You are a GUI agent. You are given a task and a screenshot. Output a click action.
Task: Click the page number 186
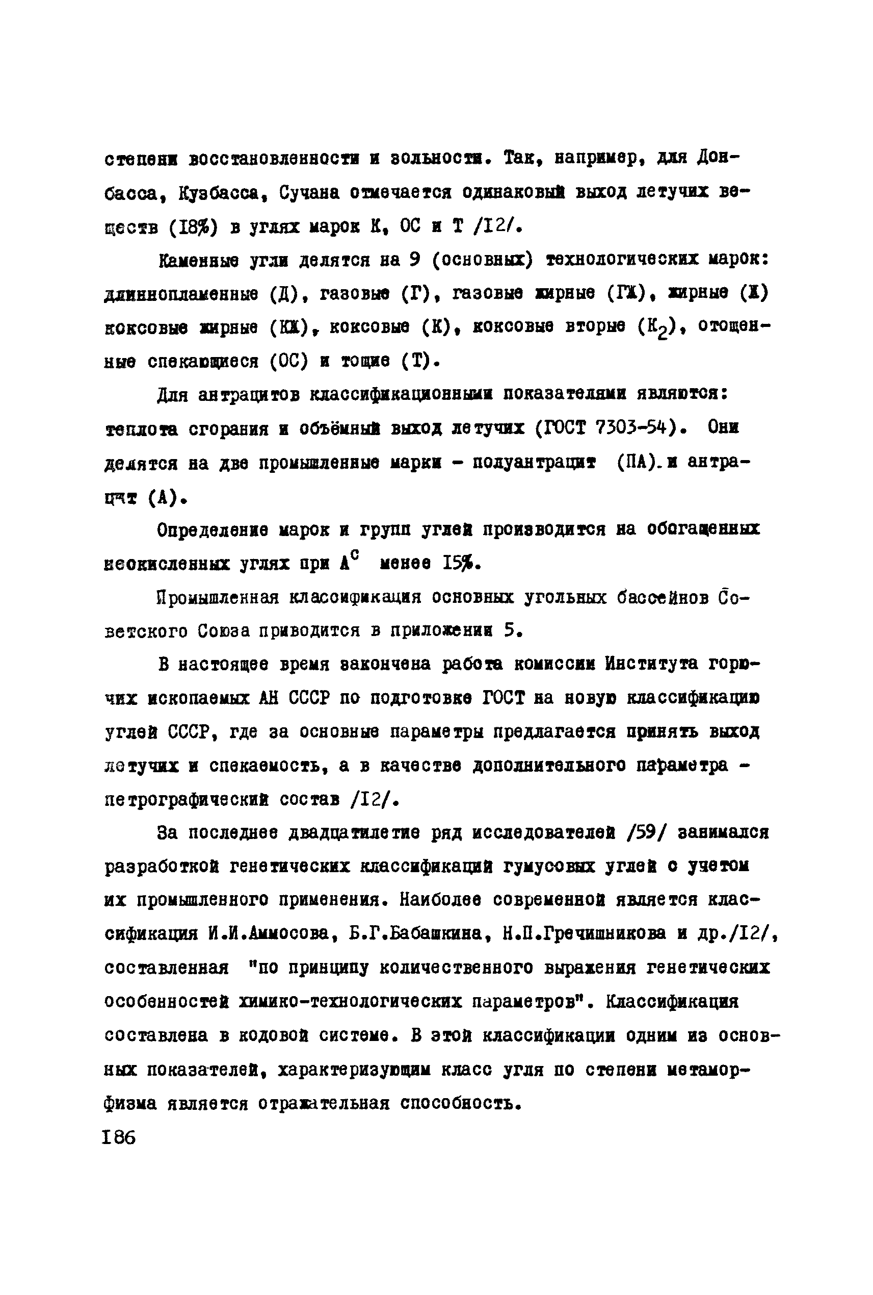pyautogui.click(x=119, y=1137)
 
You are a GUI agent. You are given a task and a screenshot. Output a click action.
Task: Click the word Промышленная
pyautogui.click(x=218, y=597)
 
